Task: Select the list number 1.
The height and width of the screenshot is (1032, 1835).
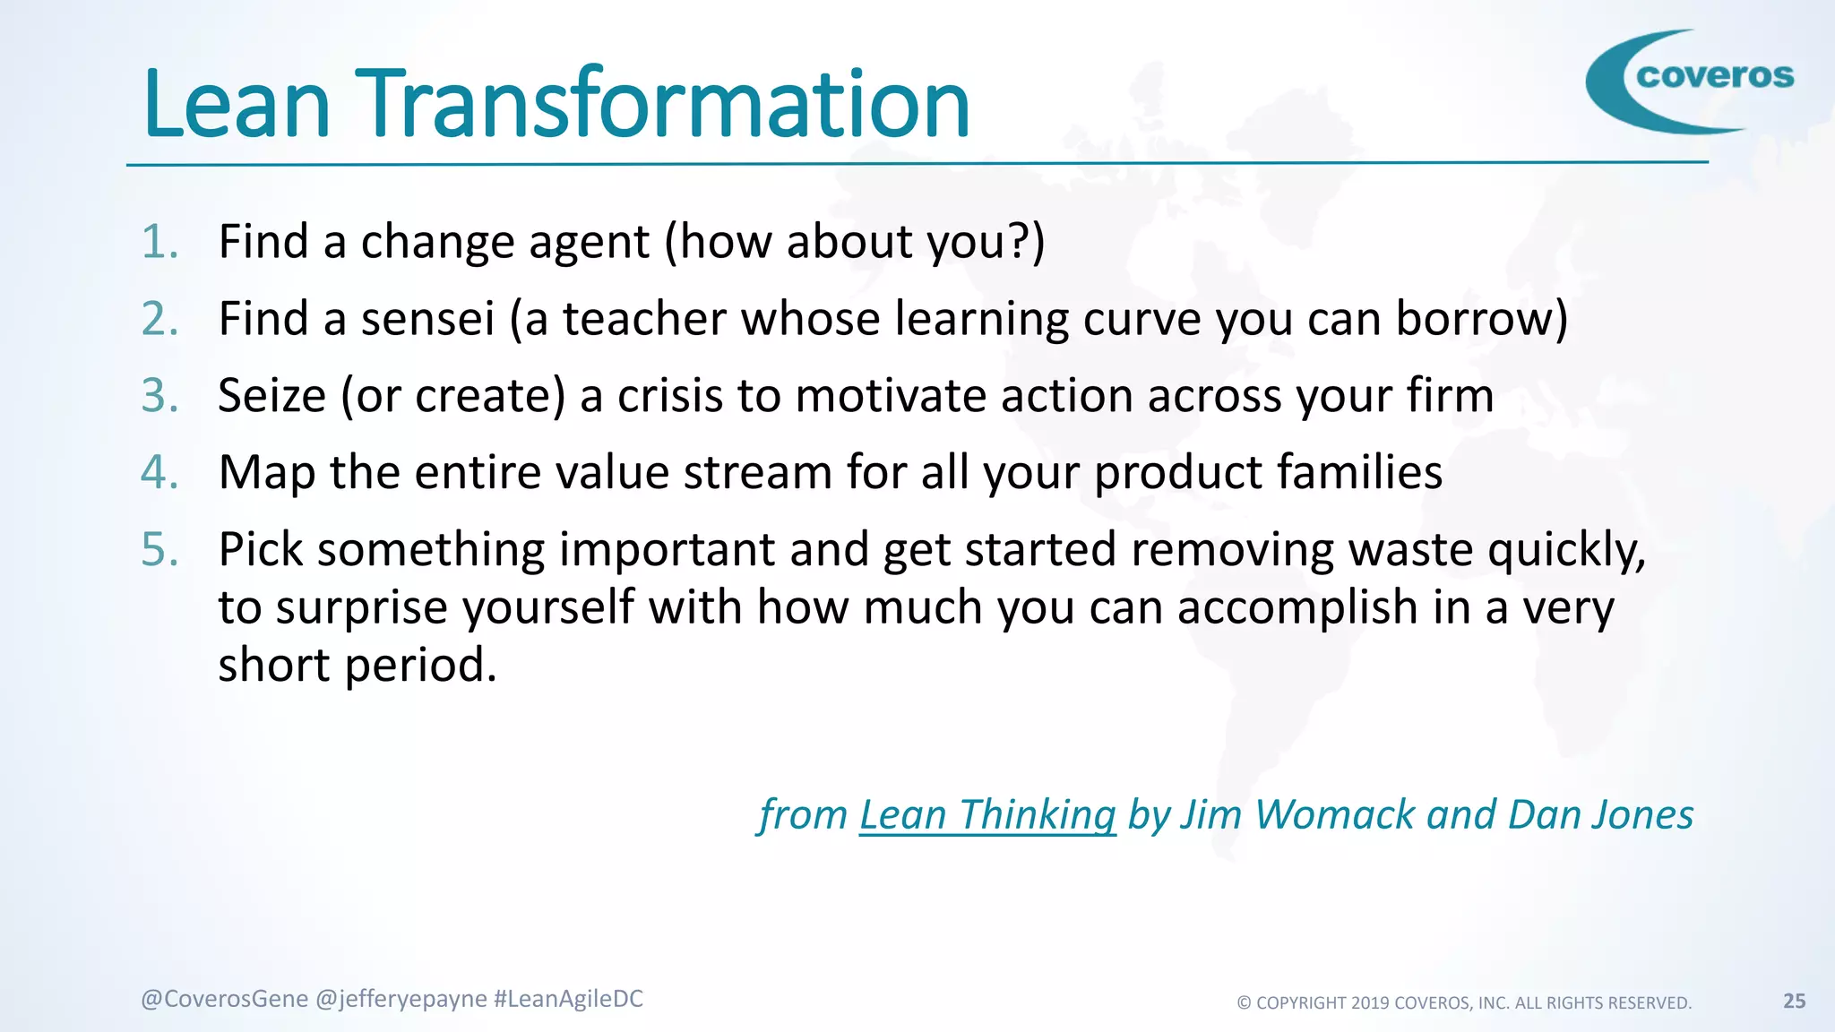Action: [x=159, y=242]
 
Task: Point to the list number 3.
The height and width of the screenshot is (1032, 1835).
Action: [x=159, y=396]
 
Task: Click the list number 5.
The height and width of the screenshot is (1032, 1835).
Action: [x=159, y=549]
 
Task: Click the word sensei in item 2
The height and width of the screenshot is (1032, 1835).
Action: [x=427, y=319]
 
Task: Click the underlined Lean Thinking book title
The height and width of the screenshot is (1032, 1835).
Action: [x=987, y=815]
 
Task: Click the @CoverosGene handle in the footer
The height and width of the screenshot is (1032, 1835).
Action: [x=224, y=999]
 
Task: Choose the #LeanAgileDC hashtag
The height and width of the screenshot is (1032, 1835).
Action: [x=568, y=999]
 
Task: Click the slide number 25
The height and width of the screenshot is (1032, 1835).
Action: [x=1794, y=1002]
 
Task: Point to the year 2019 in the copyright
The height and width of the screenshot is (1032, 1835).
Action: [x=1370, y=1003]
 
